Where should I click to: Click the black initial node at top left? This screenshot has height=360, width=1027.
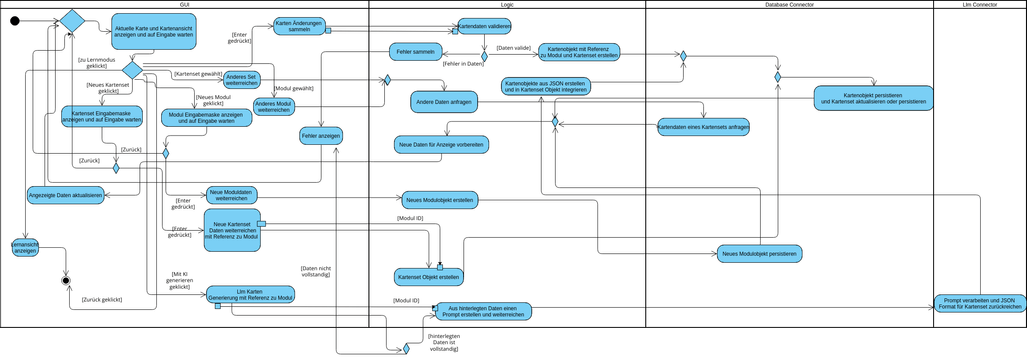pyautogui.click(x=15, y=21)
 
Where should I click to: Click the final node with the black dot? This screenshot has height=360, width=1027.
pyautogui.click(x=66, y=281)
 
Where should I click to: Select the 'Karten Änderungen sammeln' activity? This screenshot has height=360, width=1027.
pyautogui.click(x=298, y=26)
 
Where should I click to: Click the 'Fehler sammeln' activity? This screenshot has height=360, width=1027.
pyautogui.click(x=415, y=51)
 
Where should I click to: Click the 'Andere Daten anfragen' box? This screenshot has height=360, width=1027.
pyautogui.click(x=443, y=101)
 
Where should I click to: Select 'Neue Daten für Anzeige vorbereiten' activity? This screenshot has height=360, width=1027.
pyautogui.click(x=441, y=145)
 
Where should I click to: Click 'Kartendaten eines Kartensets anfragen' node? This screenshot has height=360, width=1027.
pyautogui.click(x=703, y=127)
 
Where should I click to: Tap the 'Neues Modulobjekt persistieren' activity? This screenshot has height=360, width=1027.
pyautogui.click(x=759, y=254)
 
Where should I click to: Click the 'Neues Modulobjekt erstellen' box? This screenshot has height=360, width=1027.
pyautogui.click(x=440, y=200)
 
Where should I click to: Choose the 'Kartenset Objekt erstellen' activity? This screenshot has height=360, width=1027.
pyautogui.click(x=428, y=277)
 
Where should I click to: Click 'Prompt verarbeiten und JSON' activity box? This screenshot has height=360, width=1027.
pyautogui.click(x=980, y=303)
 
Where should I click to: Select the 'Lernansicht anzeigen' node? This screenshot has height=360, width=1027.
pyautogui.click(x=25, y=247)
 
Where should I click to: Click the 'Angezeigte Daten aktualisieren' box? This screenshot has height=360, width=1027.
pyautogui.click(x=65, y=195)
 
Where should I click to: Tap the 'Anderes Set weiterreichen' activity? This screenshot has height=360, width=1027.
pyautogui.click(x=241, y=80)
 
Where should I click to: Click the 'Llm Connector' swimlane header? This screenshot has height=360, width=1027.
pyautogui.click(x=979, y=5)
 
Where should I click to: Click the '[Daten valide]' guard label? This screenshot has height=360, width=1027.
pyautogui.click(x=513, y=48)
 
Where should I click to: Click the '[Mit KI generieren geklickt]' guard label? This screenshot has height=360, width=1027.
pyautogui.click(x=180, y=280)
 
